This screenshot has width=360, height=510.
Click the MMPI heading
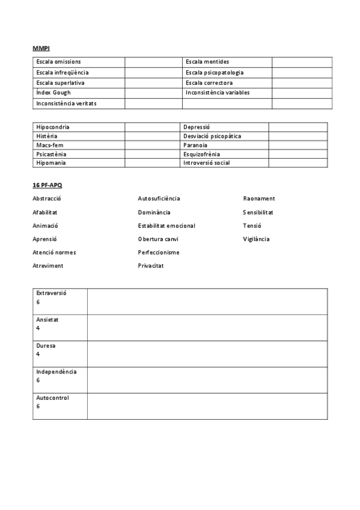pos(41,48)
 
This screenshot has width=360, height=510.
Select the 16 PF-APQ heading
pos(47,185)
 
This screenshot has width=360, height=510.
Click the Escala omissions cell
pos(58,62)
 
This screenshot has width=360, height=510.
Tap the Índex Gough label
pos(53,93)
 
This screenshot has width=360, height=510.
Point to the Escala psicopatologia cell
pos(215,72)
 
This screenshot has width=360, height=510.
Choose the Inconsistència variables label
pos(218,93)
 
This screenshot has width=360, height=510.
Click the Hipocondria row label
pos(52,127)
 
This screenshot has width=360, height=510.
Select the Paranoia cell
pos(195,145)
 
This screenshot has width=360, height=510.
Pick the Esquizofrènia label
pos(201,154)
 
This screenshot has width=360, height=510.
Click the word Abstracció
pos(47,198)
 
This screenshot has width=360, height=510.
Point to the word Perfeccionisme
pos(159,253)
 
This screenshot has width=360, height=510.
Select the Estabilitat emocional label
pos(166,226)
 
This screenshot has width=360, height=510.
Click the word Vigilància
pos(256,239)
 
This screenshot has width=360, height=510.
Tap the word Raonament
pos(259,198)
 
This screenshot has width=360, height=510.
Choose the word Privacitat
pos(151,266)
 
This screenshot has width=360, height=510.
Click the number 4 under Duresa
pos(38,354)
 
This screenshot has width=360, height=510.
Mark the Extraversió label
pos(51,293)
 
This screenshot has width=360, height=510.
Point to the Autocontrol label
pos(52,398)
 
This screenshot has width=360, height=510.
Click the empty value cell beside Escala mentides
pos(302,62)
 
